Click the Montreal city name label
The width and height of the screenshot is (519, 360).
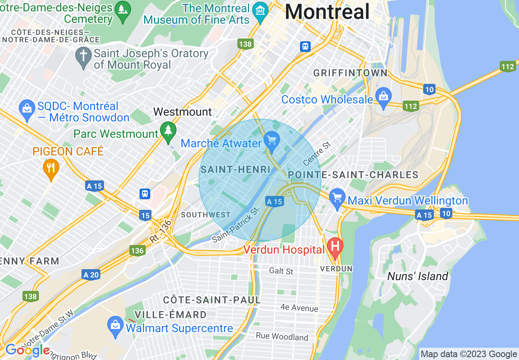click(327, 11)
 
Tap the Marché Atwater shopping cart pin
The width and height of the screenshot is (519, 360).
click(271, 139)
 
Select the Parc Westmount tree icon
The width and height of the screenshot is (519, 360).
click(168, 130)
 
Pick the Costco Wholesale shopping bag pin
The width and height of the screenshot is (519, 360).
click(383, 97)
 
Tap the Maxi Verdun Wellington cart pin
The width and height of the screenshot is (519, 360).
click(337, 198)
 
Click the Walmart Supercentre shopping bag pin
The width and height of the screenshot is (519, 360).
click(115, 326)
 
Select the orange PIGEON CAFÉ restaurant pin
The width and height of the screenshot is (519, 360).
click(51, 168)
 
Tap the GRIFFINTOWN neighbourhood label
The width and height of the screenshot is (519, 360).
click(350, 73)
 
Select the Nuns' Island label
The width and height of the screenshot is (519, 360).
click(417, 277)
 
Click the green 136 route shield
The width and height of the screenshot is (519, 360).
click(137, 250)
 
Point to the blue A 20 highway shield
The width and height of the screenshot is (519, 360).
click(90, 275)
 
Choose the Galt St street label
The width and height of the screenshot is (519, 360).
click(281, 271)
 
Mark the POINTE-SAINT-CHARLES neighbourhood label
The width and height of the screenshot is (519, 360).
click(353, 175)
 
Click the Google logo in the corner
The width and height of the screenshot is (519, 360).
click(27, 350)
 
